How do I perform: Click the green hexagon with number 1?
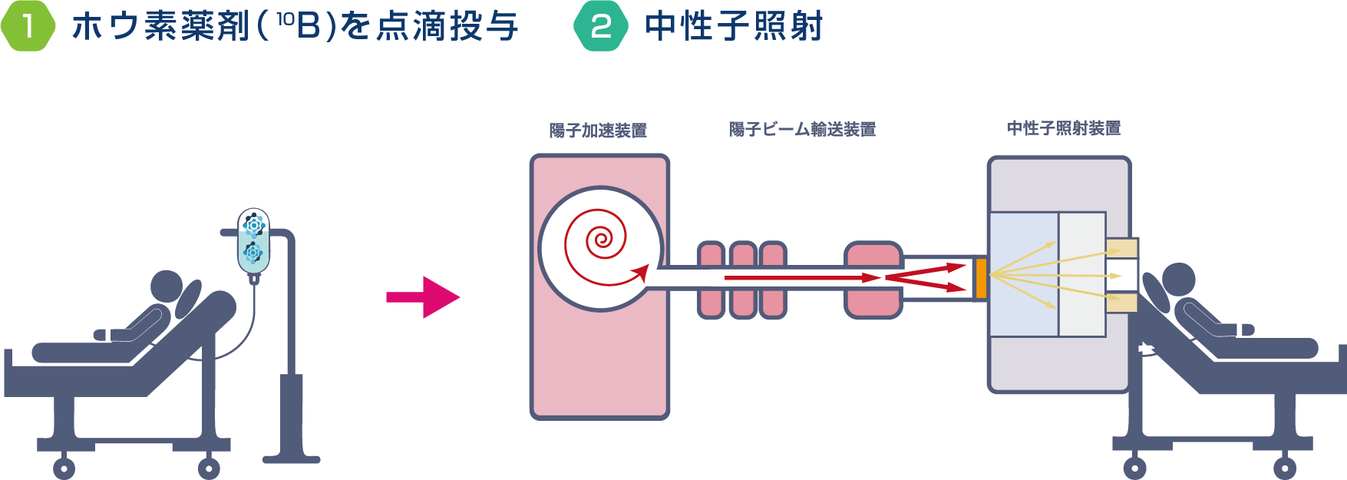point(28,26)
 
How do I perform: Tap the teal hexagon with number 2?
point(601,26)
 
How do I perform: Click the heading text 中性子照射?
point(734,26)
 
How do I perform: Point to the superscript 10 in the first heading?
point(285,18)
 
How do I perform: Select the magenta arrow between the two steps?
point(423,296)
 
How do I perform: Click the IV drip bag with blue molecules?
point(253,240)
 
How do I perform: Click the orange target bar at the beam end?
point(981,278)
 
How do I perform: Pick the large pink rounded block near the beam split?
point(873,280)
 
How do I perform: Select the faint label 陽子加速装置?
point(597,131)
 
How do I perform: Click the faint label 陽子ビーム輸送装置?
point(802,129)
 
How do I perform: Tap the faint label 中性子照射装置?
point(1064,127)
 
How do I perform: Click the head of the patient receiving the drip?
point(167,286)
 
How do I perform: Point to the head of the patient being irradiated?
point(1178,280)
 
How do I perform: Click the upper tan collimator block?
point(1121,248)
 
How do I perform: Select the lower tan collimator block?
point(1121,302)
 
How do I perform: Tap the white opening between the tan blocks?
point(1121,275)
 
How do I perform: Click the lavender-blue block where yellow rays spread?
point(1024,274)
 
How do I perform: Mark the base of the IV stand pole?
point(291,459)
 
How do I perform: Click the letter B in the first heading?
point(308,26)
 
